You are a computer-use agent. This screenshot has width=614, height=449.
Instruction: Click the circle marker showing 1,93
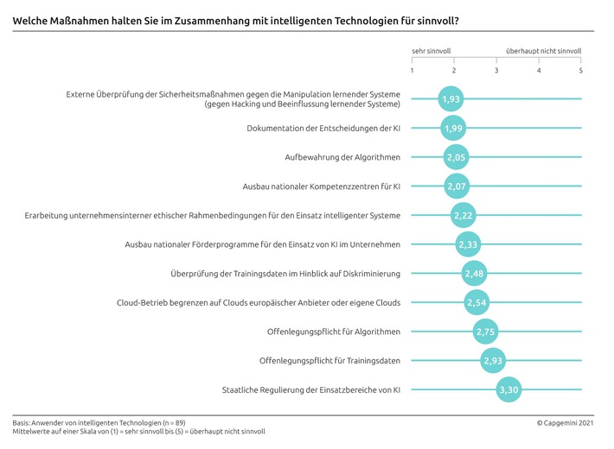tap(451, 99)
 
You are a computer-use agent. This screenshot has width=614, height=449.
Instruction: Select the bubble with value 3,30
tap(509, 389)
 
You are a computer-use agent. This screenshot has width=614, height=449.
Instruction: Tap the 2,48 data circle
tap(474, 274)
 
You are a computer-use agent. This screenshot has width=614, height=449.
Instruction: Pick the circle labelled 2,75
tap(486, 332)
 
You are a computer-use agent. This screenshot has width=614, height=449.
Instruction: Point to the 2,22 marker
tap(463, 215)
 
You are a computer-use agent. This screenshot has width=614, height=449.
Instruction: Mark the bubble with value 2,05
tap(456, 157)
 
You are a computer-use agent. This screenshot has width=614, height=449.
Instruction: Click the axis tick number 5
tap(581, 70)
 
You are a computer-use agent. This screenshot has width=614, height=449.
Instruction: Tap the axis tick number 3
tap(496, 70)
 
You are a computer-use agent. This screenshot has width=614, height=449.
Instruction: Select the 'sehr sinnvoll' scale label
tap(432, 52)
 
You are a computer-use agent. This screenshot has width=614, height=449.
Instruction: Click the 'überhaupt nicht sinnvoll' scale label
tap(544, 52)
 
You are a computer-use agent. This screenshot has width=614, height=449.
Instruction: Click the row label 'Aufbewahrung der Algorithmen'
tap(342, 157)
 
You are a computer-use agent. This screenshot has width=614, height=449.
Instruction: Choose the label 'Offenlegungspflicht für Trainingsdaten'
tap(329, 360)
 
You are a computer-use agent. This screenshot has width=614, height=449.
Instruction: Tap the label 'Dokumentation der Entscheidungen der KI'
tap(323, 129)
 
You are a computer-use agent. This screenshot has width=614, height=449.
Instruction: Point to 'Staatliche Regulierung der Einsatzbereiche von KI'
tap(310, 389)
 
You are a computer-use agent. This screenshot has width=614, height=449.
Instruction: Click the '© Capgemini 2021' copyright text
tap(566, 422)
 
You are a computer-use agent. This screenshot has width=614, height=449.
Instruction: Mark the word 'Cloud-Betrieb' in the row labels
tap(142, 302)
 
